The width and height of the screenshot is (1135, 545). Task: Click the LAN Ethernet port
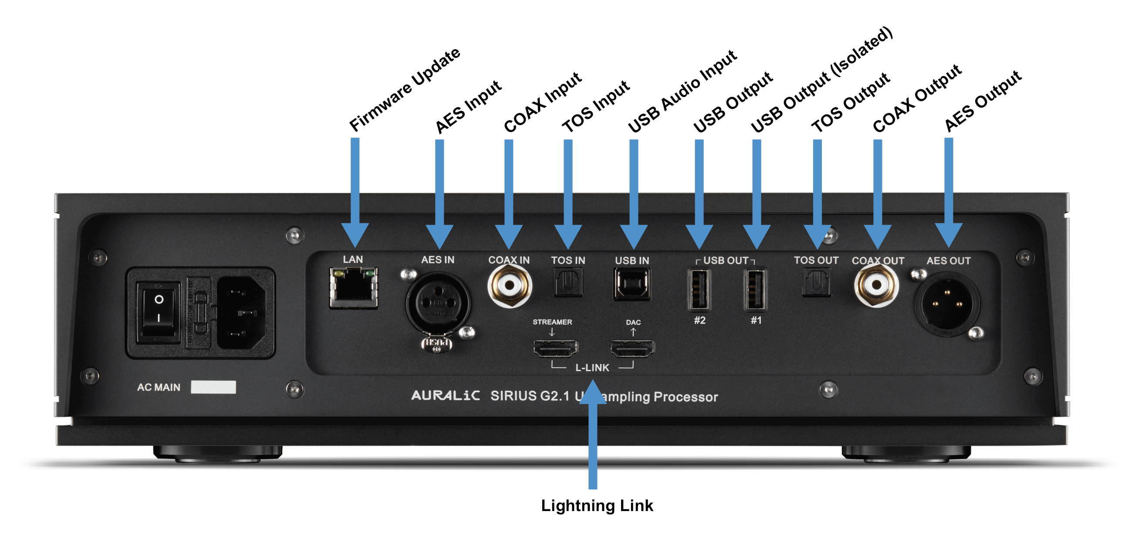353,288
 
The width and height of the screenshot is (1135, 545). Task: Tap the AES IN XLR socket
438,303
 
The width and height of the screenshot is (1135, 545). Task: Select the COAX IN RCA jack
510,286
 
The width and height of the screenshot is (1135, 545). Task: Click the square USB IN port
632,284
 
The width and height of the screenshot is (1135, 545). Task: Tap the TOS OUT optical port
817,283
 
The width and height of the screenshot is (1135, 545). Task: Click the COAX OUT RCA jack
876,286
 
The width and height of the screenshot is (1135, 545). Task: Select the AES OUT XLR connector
947,304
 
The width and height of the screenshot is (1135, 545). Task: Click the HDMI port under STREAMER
556,349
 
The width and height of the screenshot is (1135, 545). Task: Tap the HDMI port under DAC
632,349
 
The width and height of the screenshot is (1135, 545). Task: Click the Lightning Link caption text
597,506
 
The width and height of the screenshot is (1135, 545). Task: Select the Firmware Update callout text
405,89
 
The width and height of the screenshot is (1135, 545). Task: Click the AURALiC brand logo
445,395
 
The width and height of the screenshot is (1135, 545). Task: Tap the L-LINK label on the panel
592,367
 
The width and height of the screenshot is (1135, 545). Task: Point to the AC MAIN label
159,387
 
